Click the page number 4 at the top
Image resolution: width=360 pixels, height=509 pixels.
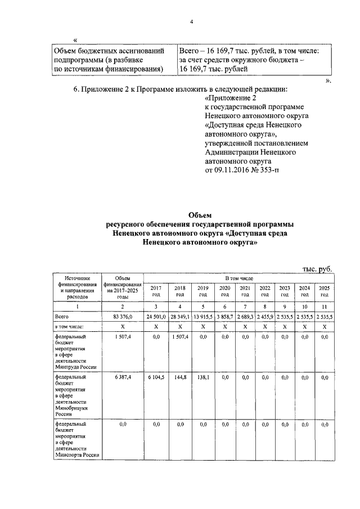[191, 22]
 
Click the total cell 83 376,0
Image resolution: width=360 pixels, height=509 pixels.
[122, 317]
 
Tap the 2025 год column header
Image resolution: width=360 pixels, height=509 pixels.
[324, 291]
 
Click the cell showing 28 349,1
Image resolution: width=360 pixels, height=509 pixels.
[180, 317]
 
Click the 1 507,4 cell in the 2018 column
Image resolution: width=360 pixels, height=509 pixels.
[180, 336]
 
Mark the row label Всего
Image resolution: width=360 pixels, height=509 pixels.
[61, 317]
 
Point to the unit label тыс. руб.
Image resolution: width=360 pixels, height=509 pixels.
[317, 269]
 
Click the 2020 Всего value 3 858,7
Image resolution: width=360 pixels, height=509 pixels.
[225, 317]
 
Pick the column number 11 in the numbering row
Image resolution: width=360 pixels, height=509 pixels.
[324, 306]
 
